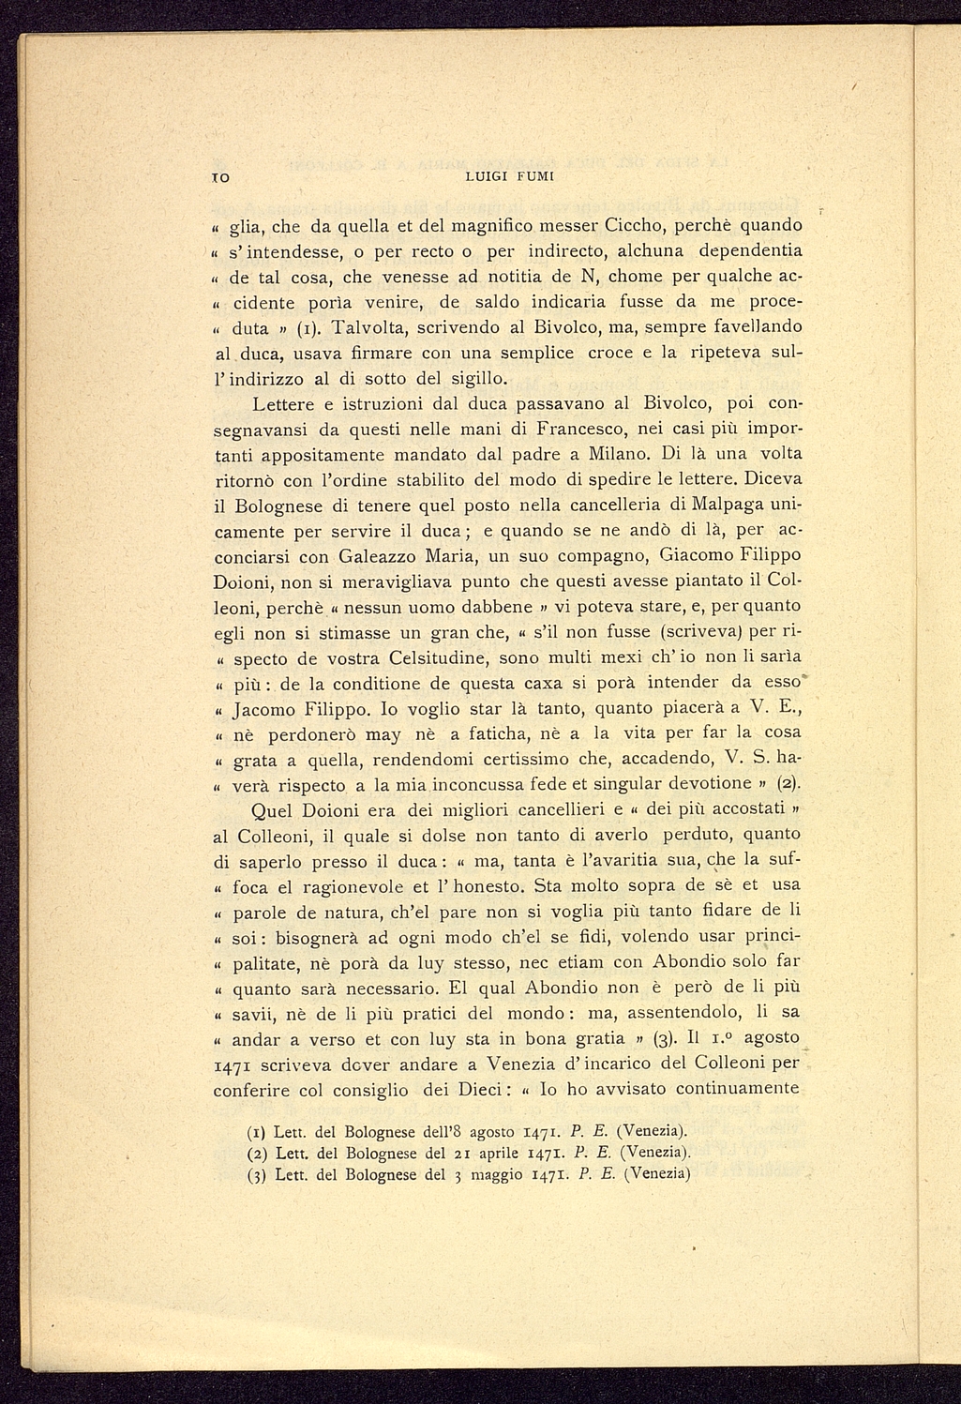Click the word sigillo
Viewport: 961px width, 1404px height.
point(477,379)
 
